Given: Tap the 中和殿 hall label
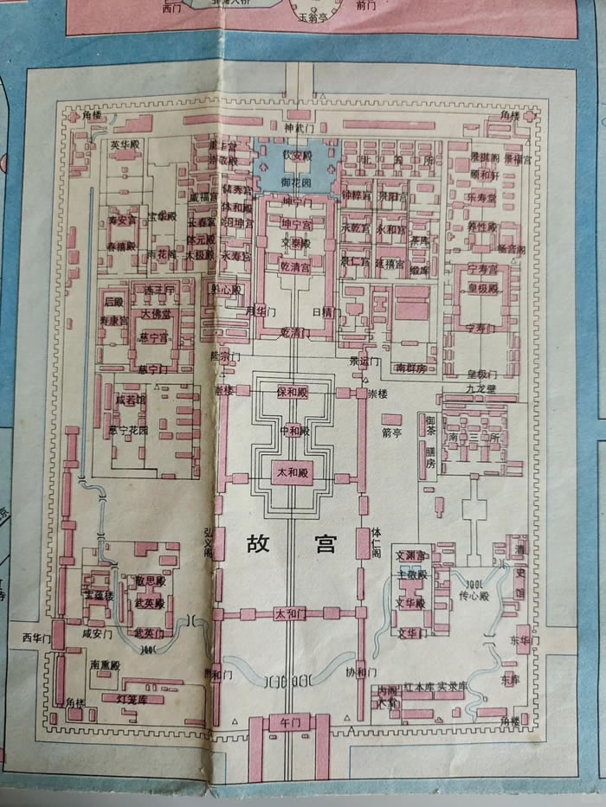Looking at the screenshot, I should (293, 430).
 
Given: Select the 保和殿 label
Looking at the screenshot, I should (293, 392).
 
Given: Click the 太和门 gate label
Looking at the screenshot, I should (290, 614).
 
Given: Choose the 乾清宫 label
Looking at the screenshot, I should (294, 266).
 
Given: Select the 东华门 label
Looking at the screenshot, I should (521, 640).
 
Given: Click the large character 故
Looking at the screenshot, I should (258, 544).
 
